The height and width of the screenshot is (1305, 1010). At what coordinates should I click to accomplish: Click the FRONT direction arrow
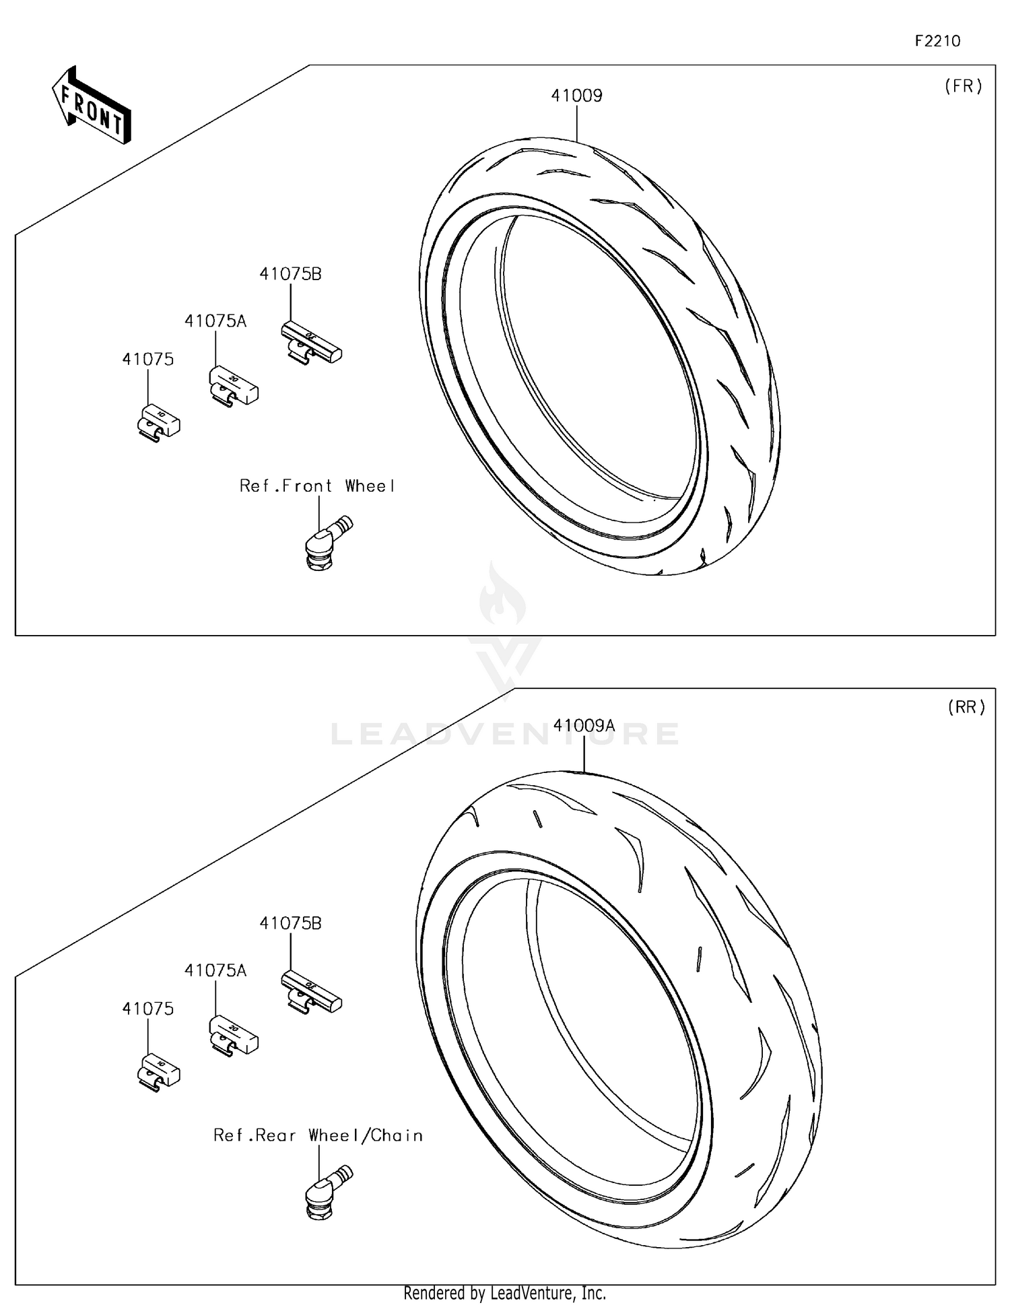pyautogui.click(x=92, y=106)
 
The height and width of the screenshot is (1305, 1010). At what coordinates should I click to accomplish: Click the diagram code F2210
pyautogui.click(x=937, y=41)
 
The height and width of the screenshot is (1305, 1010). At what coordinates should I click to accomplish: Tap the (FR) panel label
pyautogui.click(x=963, y=86)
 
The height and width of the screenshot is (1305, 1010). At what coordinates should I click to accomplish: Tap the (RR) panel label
pyautogui.click(x=966, y=707)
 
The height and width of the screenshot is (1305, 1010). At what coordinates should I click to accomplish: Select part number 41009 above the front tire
pyautogui.click(x=576, y=96)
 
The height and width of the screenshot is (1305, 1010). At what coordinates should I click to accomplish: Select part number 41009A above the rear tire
pyautogui.click(x=584, y=725)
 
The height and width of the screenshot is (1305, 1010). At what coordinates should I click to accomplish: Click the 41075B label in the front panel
pyautogui.click(x=290, y=274)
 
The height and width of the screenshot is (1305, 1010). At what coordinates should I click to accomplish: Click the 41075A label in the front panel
pyautogui.click(x=215, y=321)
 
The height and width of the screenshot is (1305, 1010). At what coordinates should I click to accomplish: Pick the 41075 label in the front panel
pyautogui.click(x=147, y=360)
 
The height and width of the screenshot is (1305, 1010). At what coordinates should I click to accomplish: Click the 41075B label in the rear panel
pyautogui.click(x=290, y=923)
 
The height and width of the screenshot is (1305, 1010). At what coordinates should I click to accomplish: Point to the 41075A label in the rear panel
pyautogui.click(x=215, y=970)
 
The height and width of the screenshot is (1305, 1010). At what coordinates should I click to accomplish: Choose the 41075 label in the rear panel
pyautogui.click(x=147, y=1009)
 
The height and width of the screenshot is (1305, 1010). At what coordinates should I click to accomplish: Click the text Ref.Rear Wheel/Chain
pyautogui.click(x=318, y=1135)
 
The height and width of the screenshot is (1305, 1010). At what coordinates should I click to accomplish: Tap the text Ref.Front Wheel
pyautogui.click(x=317, y=486)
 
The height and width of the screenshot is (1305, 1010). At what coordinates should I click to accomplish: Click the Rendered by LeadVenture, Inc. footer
pyautogui.click(x=504, y=1293)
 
